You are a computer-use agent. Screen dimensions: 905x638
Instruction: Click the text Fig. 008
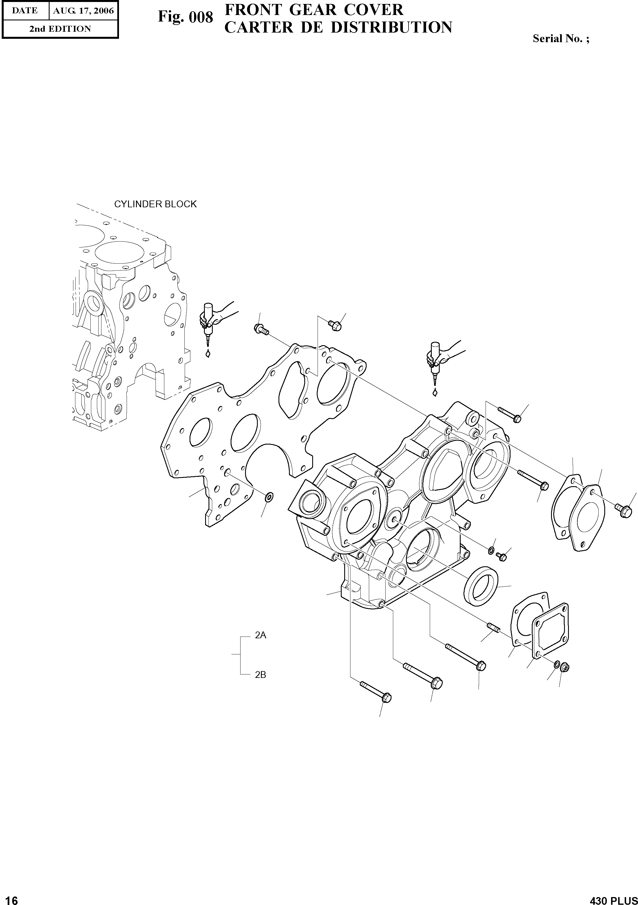[185, 17]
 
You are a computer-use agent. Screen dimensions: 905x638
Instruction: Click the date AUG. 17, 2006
[83, 11]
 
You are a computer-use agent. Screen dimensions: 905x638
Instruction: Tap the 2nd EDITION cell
[60, 29]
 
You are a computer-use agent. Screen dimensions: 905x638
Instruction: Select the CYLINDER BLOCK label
[155, 204]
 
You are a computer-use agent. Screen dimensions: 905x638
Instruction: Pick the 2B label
[260, 675]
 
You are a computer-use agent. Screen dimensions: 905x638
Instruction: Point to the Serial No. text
[561, 39]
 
